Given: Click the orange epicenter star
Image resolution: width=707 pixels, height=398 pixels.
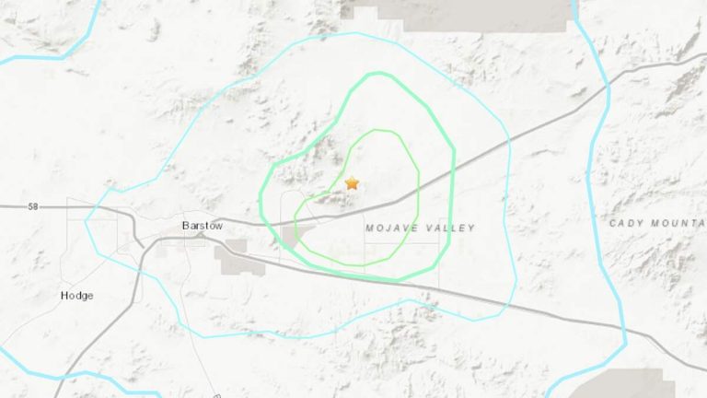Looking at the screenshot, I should (x=351, y=183).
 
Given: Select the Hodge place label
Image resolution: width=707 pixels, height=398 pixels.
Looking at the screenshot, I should (x=76, y=296).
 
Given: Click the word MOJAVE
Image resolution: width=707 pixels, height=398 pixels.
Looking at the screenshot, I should (x=388, y=228).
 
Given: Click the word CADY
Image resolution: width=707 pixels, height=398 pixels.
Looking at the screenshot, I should (x=626, y=223).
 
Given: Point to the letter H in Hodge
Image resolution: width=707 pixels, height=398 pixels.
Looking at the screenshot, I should (x=64, y=296).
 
